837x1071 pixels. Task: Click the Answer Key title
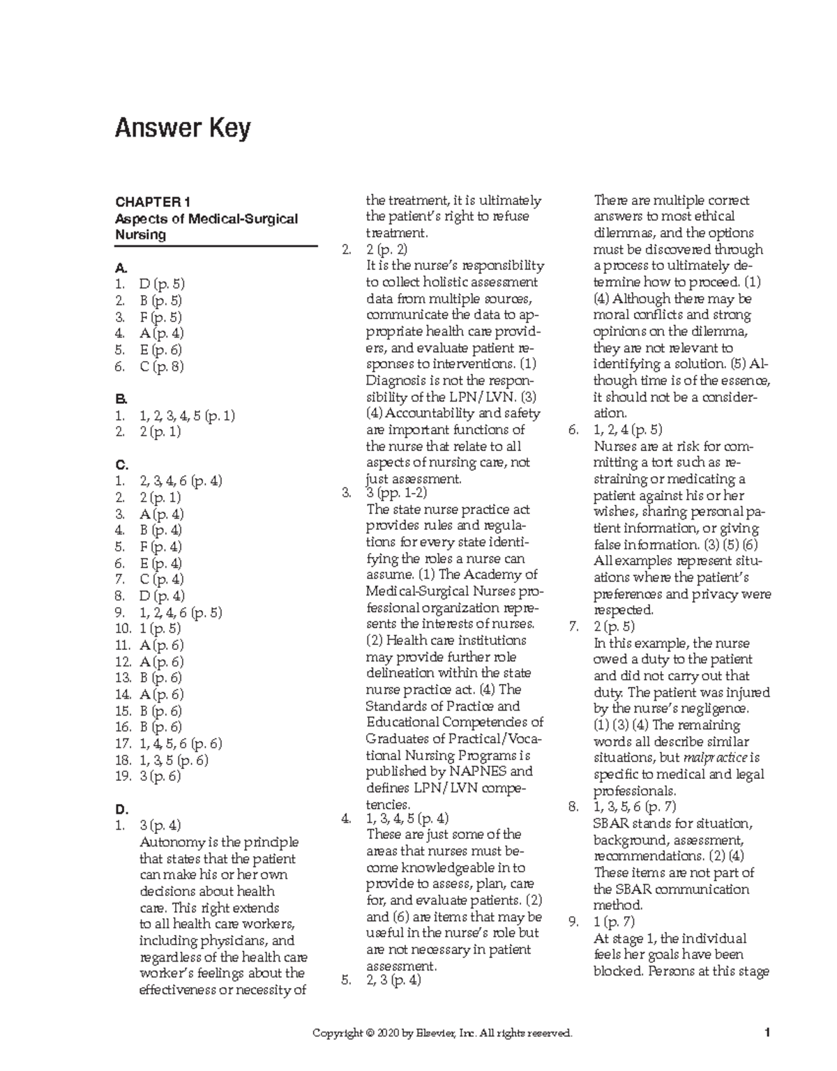(x=183, y=130)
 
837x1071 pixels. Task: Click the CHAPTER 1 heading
(x=153, y=202)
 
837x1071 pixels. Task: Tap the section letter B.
(x=121, y=399)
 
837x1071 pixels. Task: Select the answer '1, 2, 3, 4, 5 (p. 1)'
(x=187, y=416)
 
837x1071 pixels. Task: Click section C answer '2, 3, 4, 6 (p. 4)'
(x=181, y=480)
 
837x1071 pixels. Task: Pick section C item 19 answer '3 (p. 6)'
(x=160, y=776)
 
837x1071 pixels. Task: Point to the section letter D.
(x=122, y=810)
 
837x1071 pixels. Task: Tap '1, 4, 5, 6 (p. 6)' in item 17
(x=181, y=743)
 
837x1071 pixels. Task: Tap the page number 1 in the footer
(x=766, y=1033)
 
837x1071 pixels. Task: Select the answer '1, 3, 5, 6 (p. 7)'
(x=634, y=807)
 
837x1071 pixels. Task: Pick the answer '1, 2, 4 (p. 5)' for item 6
(x=628, y=430)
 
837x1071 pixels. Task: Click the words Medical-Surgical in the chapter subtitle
(x=239, y=219)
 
